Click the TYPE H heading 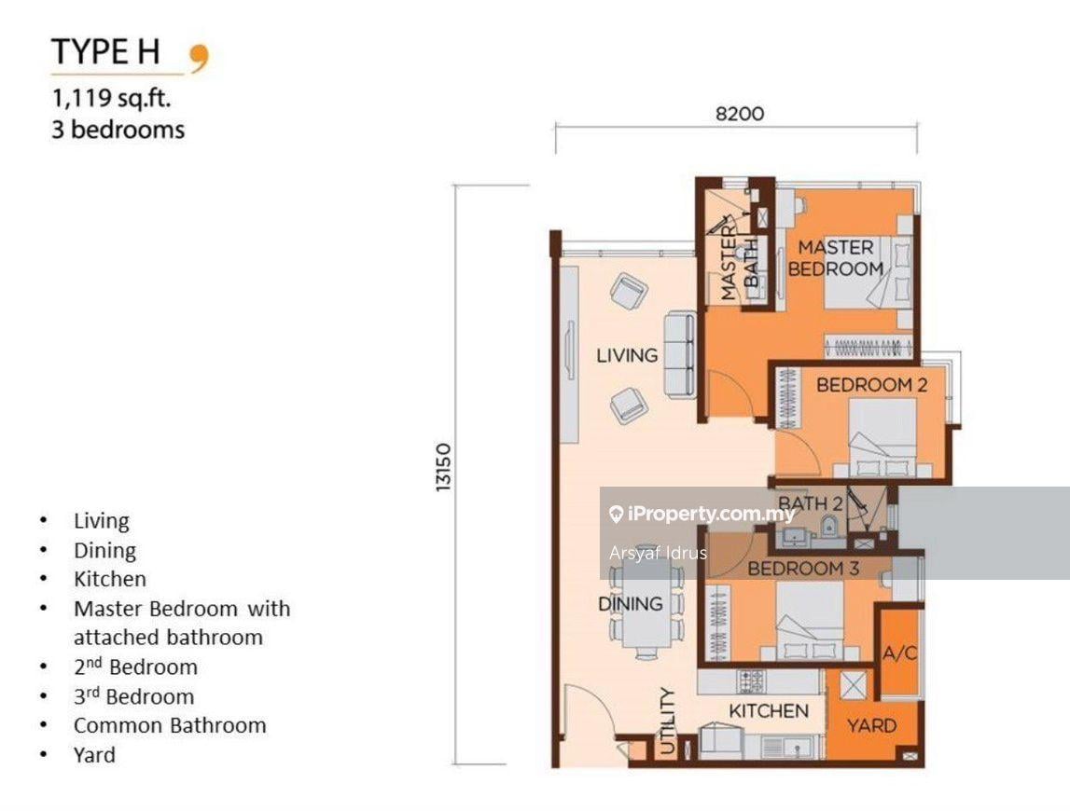click(x=116, y=54)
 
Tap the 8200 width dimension click(x=739, y=114)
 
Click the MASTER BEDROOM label click(x=836, y=258)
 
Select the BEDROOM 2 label click(x=871, y=384)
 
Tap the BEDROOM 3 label click(x=803, y=568)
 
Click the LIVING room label click(x=627, y=355)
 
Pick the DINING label click(x=630, y=604)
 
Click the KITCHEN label click(x=768, y=711)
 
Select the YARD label click(x=871, y=725)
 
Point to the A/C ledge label click(x=900, y=653)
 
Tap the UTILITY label click(x=667, y=722)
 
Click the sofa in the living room click(x=679, y=355)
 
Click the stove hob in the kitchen click(x=751, y=681)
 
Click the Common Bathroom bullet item click(x=170, y=725)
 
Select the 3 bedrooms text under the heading click(x=118, y=130)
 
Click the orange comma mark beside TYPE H click(x=200, y=57)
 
